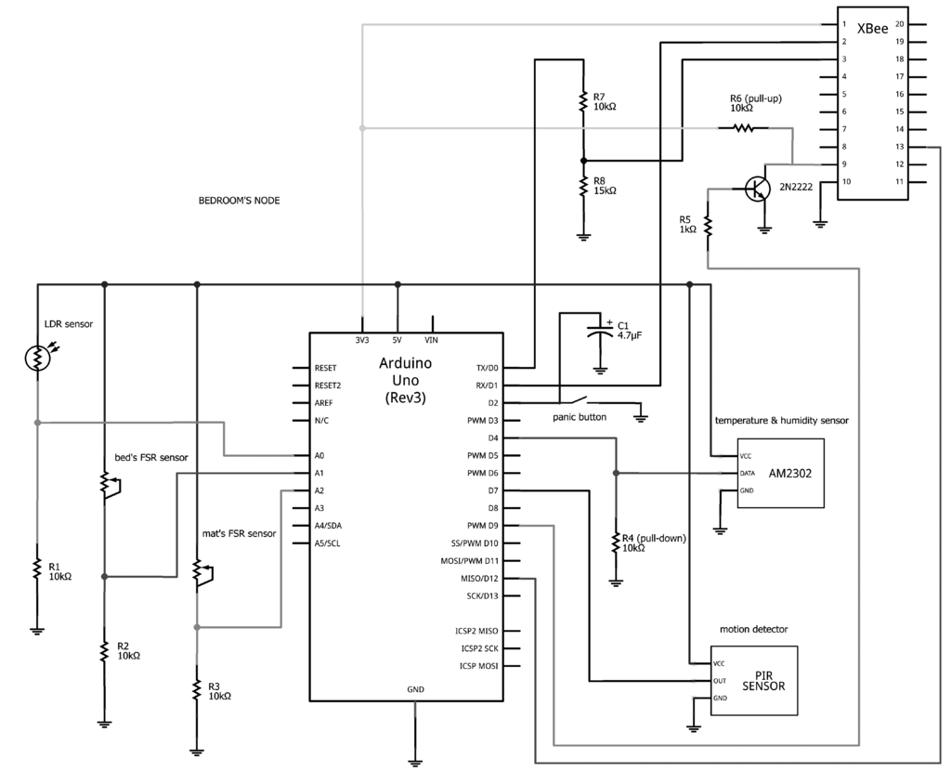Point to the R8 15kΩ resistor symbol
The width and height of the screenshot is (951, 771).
coord(583,186)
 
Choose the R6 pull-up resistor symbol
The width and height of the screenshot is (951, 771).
coord(744,128)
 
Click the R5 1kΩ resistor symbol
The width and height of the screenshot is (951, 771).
coord(708,226)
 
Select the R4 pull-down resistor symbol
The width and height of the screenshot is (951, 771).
coord(615,542)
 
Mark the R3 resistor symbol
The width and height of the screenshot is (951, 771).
coord(197,689)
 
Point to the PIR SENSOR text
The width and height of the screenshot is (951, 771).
coord(764,681)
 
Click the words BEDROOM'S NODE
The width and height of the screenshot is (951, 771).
coord(240,201)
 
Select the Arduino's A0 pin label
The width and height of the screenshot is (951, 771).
coord(320,456)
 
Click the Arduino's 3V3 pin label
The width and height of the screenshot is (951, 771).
coord(362,341)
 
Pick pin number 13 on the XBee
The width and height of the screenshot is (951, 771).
coord(899,147)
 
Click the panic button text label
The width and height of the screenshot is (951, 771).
coord(580,417)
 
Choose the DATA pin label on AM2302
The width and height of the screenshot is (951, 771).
coord(748,473)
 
